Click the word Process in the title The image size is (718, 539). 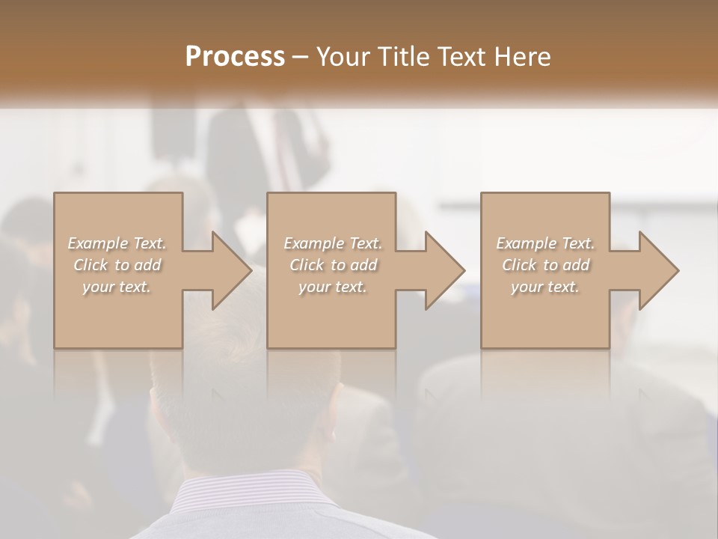235,57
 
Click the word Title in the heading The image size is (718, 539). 404,57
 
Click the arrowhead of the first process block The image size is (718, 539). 229,270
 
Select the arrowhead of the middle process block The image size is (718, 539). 442,270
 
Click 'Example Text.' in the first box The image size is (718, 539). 117,243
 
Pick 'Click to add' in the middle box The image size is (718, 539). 334,265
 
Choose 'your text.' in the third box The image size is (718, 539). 545,287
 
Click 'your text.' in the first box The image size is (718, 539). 117,287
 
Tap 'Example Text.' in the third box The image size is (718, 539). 545,243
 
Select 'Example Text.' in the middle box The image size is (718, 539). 334,243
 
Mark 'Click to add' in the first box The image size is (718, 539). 117,265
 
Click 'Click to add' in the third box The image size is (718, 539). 545,265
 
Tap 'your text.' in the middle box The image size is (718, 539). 334,287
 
